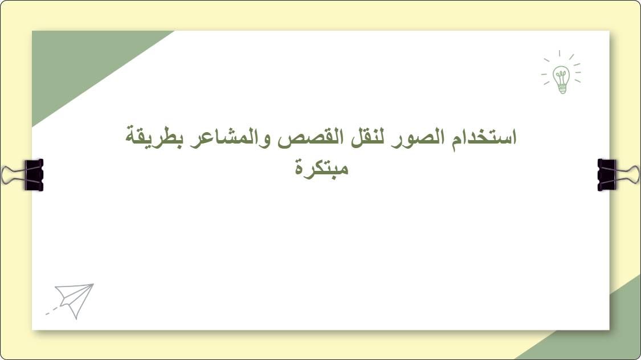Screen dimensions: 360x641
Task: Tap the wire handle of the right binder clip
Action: tap(630, 175)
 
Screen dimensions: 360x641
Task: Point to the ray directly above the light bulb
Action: tap(560, 54)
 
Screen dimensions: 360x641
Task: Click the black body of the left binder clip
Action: tap(34, 175)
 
